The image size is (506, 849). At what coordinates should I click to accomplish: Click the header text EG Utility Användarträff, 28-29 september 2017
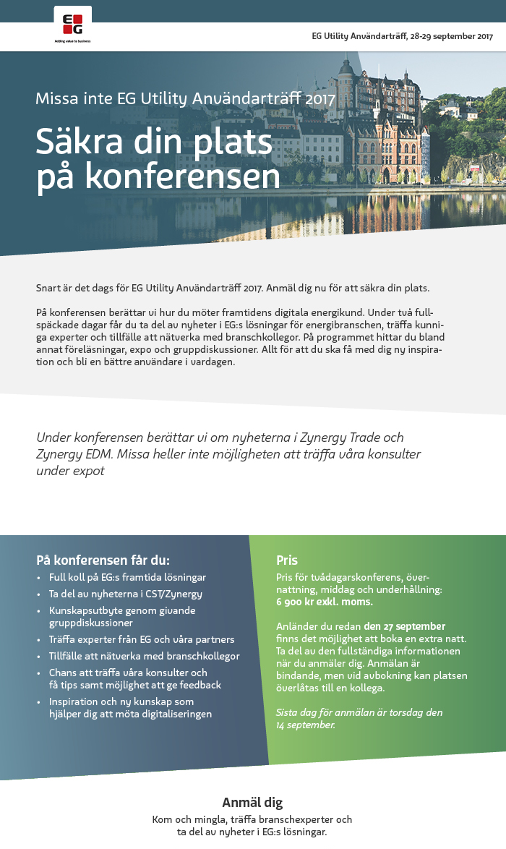402,36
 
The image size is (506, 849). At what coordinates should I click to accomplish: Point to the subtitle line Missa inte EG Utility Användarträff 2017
185,98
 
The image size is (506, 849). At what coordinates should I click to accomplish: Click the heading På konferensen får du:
103,560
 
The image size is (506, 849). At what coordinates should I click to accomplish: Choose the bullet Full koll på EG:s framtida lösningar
127,577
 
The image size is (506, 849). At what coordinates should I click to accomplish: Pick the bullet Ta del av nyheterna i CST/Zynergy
125,594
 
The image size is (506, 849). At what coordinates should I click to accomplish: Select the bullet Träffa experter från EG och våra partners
142,639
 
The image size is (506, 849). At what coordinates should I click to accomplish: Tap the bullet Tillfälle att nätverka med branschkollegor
144,656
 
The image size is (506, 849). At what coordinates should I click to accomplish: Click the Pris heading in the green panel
287,560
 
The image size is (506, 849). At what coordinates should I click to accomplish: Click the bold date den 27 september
404,626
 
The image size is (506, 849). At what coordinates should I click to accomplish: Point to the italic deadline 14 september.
305,725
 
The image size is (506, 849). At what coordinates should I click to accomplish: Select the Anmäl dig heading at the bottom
252,802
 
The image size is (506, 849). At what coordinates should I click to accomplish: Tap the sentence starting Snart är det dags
233,288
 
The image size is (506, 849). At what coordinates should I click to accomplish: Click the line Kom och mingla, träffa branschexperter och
252,819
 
